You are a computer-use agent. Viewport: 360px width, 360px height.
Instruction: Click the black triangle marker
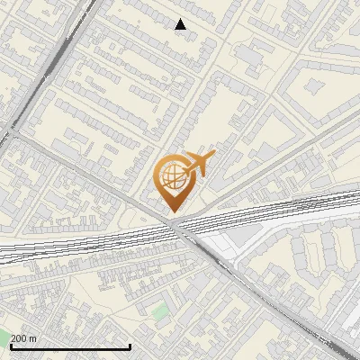(181, 24)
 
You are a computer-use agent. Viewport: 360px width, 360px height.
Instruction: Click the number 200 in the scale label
(18, 338)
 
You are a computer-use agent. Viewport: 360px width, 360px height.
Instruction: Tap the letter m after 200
(32, 338)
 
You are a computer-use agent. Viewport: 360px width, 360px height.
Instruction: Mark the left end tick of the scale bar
(11, 345)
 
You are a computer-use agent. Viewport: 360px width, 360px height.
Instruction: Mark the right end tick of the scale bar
(130, 345)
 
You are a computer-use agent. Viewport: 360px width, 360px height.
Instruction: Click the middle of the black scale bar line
(70, 346)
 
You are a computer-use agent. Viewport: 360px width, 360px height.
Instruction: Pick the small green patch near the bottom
(160, 314)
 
